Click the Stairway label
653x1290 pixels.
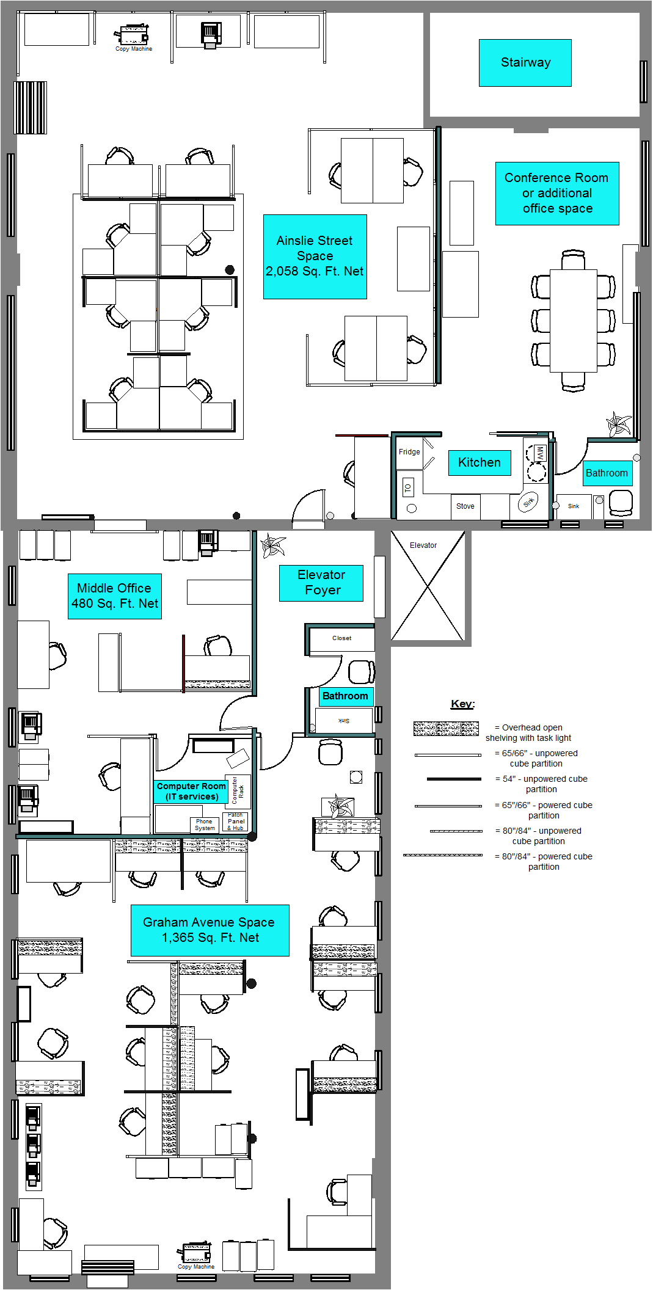525,63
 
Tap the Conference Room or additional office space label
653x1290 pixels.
557,194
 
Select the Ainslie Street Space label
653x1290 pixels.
315,257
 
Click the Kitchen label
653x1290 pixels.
480,463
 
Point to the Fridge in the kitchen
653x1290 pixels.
409,453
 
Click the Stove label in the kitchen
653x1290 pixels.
465,506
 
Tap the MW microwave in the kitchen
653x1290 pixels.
540,453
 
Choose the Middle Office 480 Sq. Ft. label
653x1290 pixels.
115,596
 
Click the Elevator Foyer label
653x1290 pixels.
321,583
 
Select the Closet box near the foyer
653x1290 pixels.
342,638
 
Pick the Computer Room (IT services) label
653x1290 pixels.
191,792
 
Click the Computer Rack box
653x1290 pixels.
238,791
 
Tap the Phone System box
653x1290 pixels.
205,825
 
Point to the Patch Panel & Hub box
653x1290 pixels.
235,822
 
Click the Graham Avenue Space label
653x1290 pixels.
210,930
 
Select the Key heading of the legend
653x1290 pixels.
462,704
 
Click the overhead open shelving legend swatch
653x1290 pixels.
446,728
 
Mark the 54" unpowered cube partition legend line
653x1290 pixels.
454,779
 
